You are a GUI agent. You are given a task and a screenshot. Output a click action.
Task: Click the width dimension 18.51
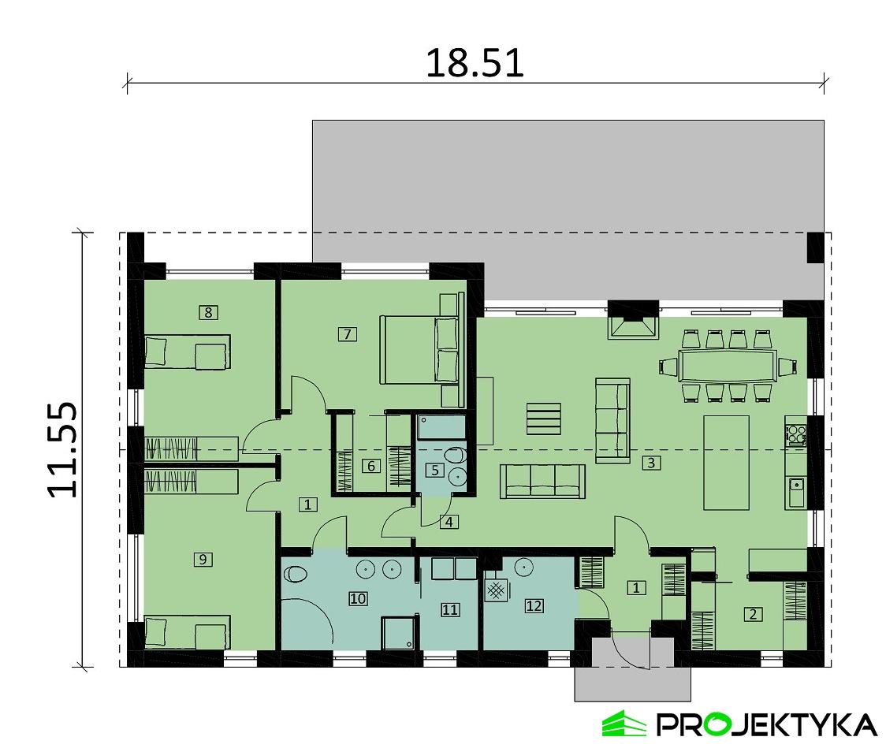pyautogui.click(x=475, y=63)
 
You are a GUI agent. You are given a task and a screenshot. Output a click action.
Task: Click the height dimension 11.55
pyautogui.click(x=63, y=450)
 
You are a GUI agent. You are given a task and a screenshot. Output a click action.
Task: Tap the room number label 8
pyautogui.click(x=208, y=313)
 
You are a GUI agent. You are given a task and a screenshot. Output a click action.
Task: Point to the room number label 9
pyautogui.click(x=203, y=560)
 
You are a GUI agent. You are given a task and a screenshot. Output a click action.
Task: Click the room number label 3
pyautogui.click(x=650, y=463)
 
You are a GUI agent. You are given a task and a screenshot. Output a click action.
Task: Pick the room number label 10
pyautogui.click(x=358, y=600)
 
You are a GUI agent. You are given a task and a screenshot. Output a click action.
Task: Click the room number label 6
pyautogui.click(x=370, y=466)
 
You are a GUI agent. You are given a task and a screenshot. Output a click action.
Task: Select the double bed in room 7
pyautogui.click(x=420, y=349)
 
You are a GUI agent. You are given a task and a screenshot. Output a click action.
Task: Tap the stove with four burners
pyautogui.click(x=795, y=434)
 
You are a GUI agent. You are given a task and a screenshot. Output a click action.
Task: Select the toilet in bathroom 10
pyautogui.click(x=294, y=574)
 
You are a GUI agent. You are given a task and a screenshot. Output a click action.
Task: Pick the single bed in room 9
pyautogui.click(x=187, y=633)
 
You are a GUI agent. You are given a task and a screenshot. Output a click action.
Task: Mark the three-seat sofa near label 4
pyautogui.click(x=542, y=481)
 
